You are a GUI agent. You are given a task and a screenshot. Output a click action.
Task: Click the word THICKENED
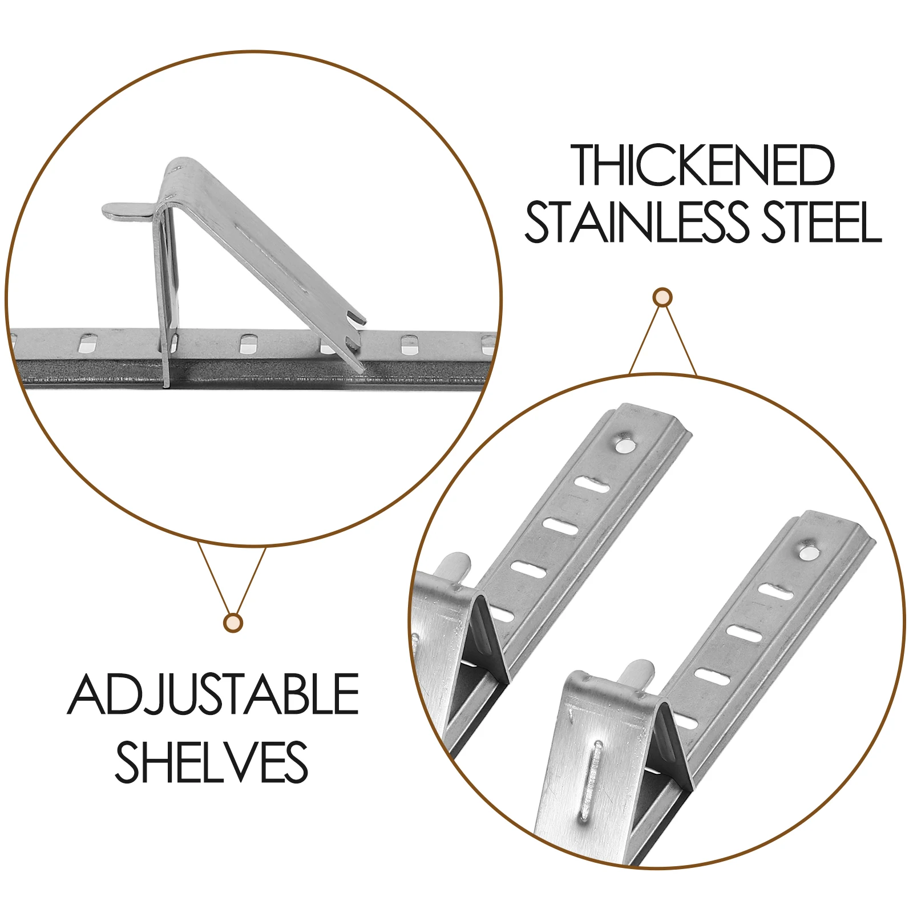(703, 165)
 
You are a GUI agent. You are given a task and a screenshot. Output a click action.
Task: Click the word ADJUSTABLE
(213, 695)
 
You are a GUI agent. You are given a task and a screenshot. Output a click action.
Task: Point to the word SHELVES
(212, 762)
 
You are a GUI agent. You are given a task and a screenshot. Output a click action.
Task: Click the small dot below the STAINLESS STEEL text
(662, 297)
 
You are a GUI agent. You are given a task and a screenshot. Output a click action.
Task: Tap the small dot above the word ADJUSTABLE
(233, 623)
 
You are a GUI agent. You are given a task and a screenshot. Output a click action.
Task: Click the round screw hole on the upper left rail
(624, 443)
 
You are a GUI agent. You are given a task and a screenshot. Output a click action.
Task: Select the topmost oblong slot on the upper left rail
(592, 484)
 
